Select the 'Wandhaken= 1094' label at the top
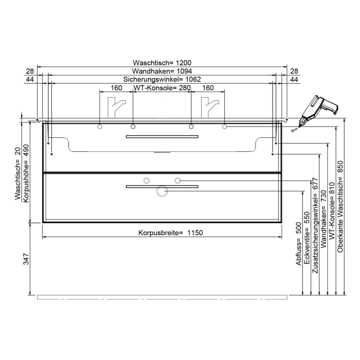(162, 71)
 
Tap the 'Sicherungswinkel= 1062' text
(162, 80)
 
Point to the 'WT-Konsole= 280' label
(163, 88)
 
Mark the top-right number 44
(294, 80)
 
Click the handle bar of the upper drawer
(162, 137)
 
